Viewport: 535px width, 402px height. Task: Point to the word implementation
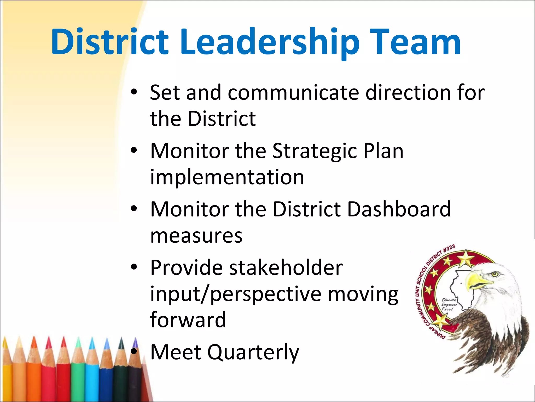[227, 177]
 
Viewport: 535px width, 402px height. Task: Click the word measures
[196, 236]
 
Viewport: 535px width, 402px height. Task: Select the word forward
[188, 320]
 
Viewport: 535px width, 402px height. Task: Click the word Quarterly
[253, 353]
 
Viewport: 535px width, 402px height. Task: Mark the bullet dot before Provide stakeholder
[134, 267]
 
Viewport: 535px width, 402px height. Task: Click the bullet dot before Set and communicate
[134, 92]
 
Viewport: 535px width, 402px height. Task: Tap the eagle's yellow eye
[494, 274]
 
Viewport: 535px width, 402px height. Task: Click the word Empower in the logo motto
[449, 305]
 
